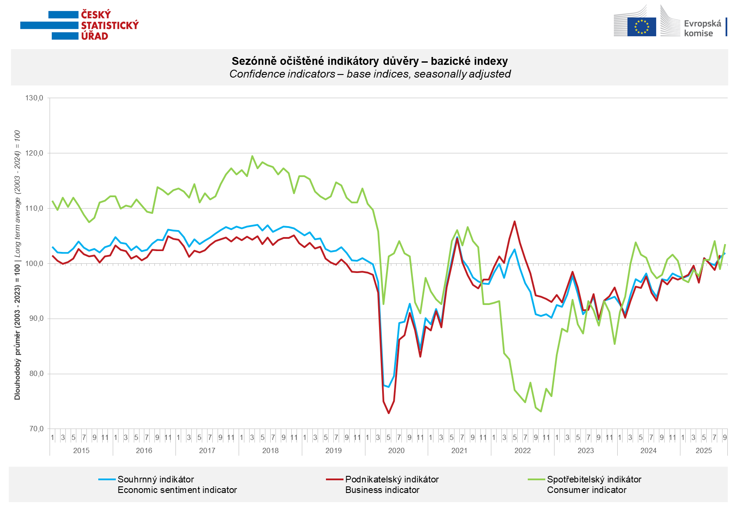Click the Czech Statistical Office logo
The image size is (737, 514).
(x=80, y=25)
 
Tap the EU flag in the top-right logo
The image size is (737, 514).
(x=641, y=26)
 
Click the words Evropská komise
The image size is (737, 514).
(x=702, y=28)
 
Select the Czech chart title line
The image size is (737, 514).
(x=369, y=61)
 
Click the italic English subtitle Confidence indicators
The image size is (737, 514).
(x=369, y=74)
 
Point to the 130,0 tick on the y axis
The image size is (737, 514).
(x=34, y=98)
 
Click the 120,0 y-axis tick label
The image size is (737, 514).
(x=34, y=153)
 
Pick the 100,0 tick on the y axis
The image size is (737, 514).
(x=34, y=263)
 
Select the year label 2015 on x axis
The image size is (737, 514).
(x=81, y=450)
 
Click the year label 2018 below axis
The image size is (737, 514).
(x=270, y=450)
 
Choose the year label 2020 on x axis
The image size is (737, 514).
(x=396, y=450)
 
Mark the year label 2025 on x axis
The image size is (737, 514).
(x=704, y=450)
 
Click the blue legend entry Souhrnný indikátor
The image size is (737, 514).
(x=156, y=479)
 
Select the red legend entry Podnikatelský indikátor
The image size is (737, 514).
(x=391, y=479)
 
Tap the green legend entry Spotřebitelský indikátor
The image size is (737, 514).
(x=594, y=479)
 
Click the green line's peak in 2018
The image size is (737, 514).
(x=252, y=156)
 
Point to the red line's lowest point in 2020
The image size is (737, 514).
(x=389, y=413)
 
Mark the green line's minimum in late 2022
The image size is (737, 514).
(x=541, y=411)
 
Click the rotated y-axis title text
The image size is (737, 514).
(x=17, y=265)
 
